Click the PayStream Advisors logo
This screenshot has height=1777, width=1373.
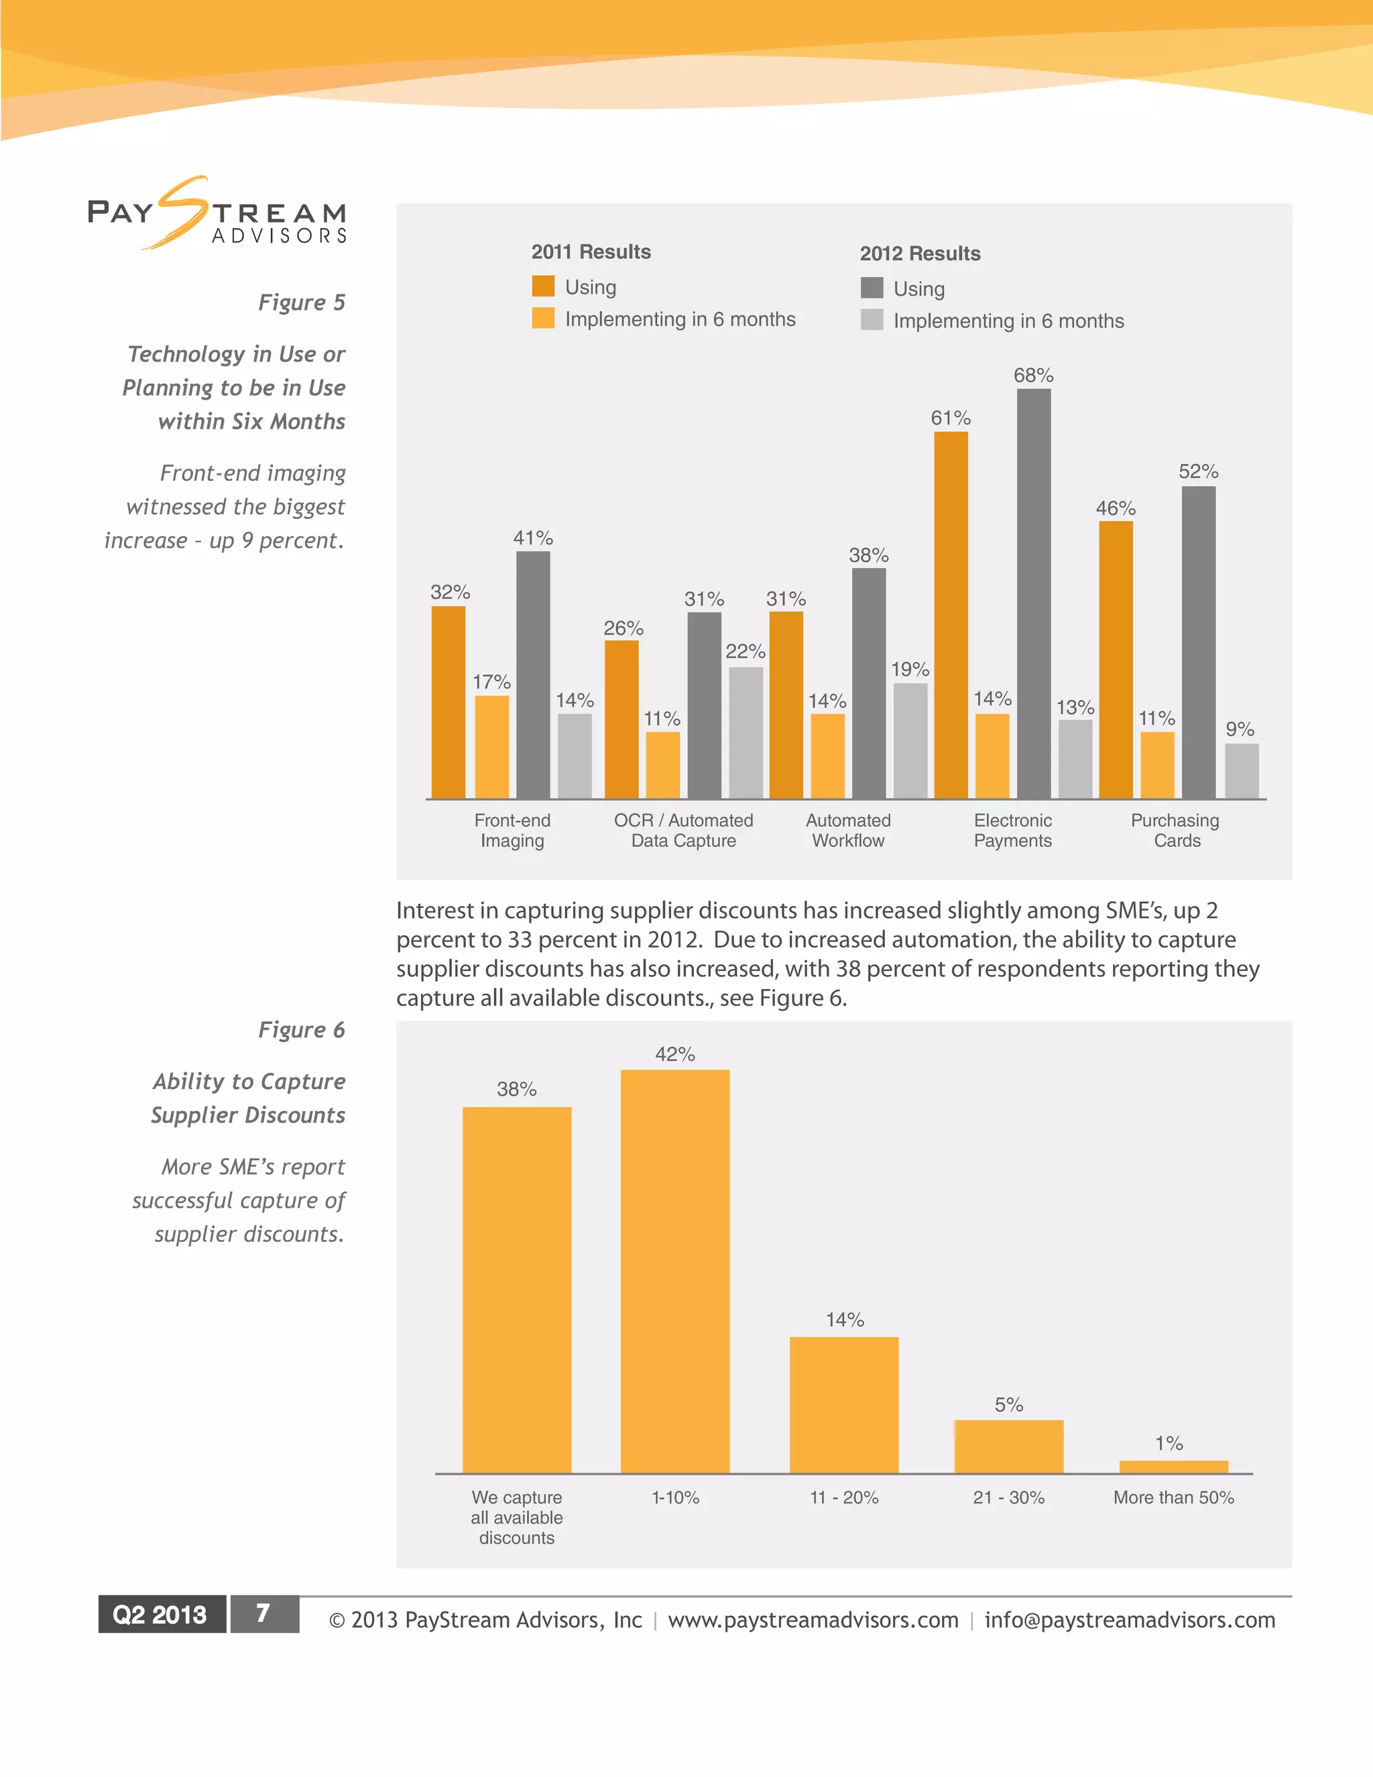(217, 214)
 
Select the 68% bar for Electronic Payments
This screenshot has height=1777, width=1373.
(1033, 594)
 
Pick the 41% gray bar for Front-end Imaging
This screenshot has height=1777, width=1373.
(533, 675)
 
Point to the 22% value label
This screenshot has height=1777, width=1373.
(745, 652)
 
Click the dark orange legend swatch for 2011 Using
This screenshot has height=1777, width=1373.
(542, 286)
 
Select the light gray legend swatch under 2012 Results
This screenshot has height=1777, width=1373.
(871, 321)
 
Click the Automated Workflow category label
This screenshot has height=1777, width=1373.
(847, 831)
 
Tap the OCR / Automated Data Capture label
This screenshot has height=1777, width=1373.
(683, 831)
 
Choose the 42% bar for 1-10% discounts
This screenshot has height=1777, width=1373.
(674, 1271)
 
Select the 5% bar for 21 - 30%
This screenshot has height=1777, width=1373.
(1008, 1446)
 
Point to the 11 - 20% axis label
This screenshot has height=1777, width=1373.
(843, 1497)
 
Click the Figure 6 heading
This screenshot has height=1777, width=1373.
(301, 1030)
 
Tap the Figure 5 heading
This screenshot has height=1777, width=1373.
(301, 302)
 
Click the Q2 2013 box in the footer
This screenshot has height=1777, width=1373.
(161, 1614)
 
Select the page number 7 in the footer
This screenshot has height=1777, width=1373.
(263, 1613)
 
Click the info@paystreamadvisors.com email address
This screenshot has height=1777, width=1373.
(1129, 1620)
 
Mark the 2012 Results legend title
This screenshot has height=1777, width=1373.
(919, 254)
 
